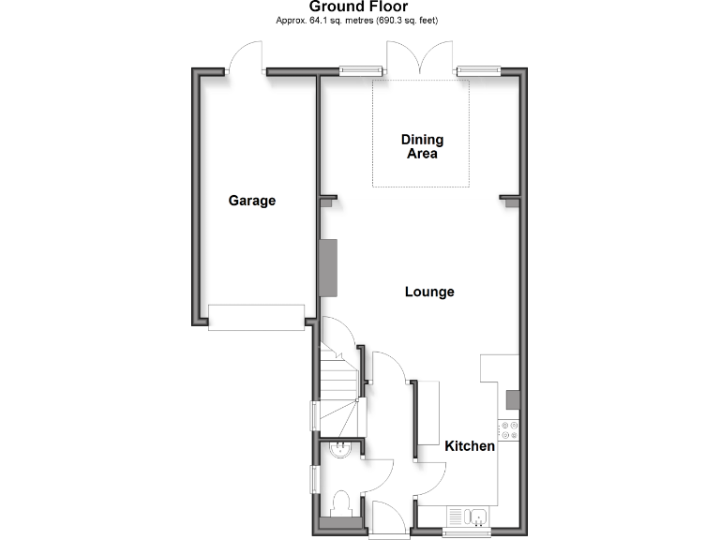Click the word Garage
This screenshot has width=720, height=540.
click(252, 201)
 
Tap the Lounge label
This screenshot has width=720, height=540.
click(429, 292)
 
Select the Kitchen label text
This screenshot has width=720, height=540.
click(470, 446)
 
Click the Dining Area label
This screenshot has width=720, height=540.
click(422, 147)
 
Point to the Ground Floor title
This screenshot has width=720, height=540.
click(359, 7)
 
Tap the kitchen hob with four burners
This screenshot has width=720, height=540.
click(510, 429)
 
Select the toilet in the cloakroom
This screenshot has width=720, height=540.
click(341, 502)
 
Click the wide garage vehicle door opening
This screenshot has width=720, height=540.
click(256, 317)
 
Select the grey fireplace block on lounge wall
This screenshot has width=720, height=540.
click(328, 267)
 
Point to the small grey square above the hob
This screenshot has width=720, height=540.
click(512, 400)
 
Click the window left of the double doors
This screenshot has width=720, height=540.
click(361, 69)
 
